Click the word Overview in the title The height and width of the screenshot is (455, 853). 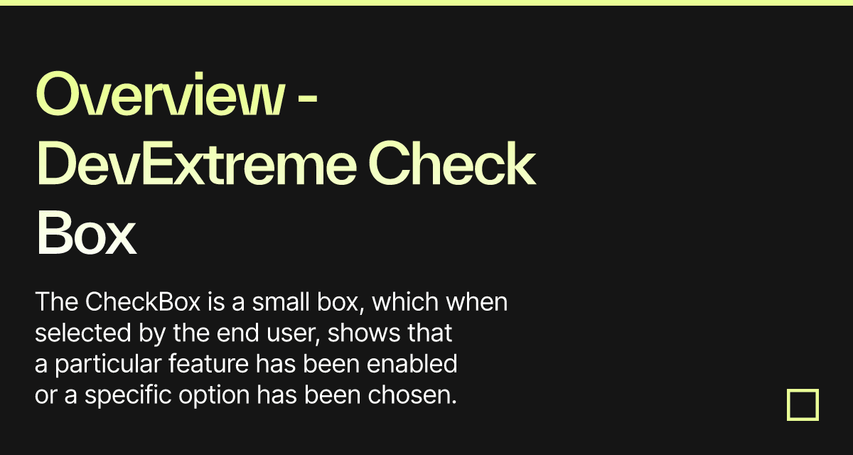pyautogui.click(x=160, y=94)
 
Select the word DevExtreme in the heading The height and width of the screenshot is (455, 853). pyautogui.click(x=196, y=163)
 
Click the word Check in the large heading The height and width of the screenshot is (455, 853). pyautogui.click(x=452, y=163)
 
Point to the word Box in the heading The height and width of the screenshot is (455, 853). pyautogui.click(x=87, y=232)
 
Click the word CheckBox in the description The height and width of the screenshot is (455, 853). pyautogui.click(x=143, y=301)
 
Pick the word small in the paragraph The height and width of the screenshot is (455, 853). pyautogui.click(x=281, y=301)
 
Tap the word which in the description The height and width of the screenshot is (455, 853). pyautogui.click(x=405, y=301)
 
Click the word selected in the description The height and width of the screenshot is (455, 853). pyautogui.click(x=83, y=333)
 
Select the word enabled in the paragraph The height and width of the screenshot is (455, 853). pyautogui.click(x=412, y=363)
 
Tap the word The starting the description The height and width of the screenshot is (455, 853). pyautogui.click(x=57, y=301)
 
